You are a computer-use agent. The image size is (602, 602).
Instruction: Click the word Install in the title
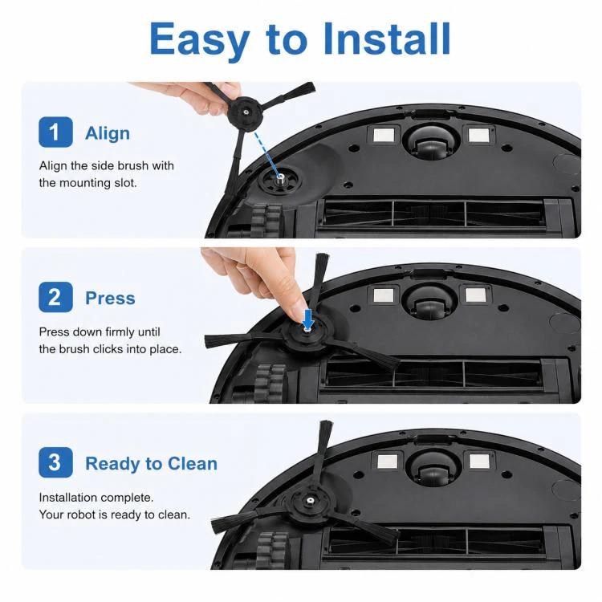point(387,39)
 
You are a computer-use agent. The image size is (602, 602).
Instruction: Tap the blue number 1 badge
point(55,132)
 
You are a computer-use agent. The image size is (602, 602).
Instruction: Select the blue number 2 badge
point(55,297)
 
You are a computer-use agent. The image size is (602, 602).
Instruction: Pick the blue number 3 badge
point(55,462)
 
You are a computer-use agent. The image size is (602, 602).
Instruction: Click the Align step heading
point(108,133)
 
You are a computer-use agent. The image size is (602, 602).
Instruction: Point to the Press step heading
point(110,299)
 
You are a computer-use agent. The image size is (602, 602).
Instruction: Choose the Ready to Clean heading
point(151,463)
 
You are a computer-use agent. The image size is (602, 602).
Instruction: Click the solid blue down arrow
point(308,318)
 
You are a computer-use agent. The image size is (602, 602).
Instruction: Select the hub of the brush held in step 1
point(245,112)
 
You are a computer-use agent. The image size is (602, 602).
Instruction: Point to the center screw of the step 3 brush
point(309,501)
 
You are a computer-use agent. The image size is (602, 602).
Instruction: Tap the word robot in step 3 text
point(82,515)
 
